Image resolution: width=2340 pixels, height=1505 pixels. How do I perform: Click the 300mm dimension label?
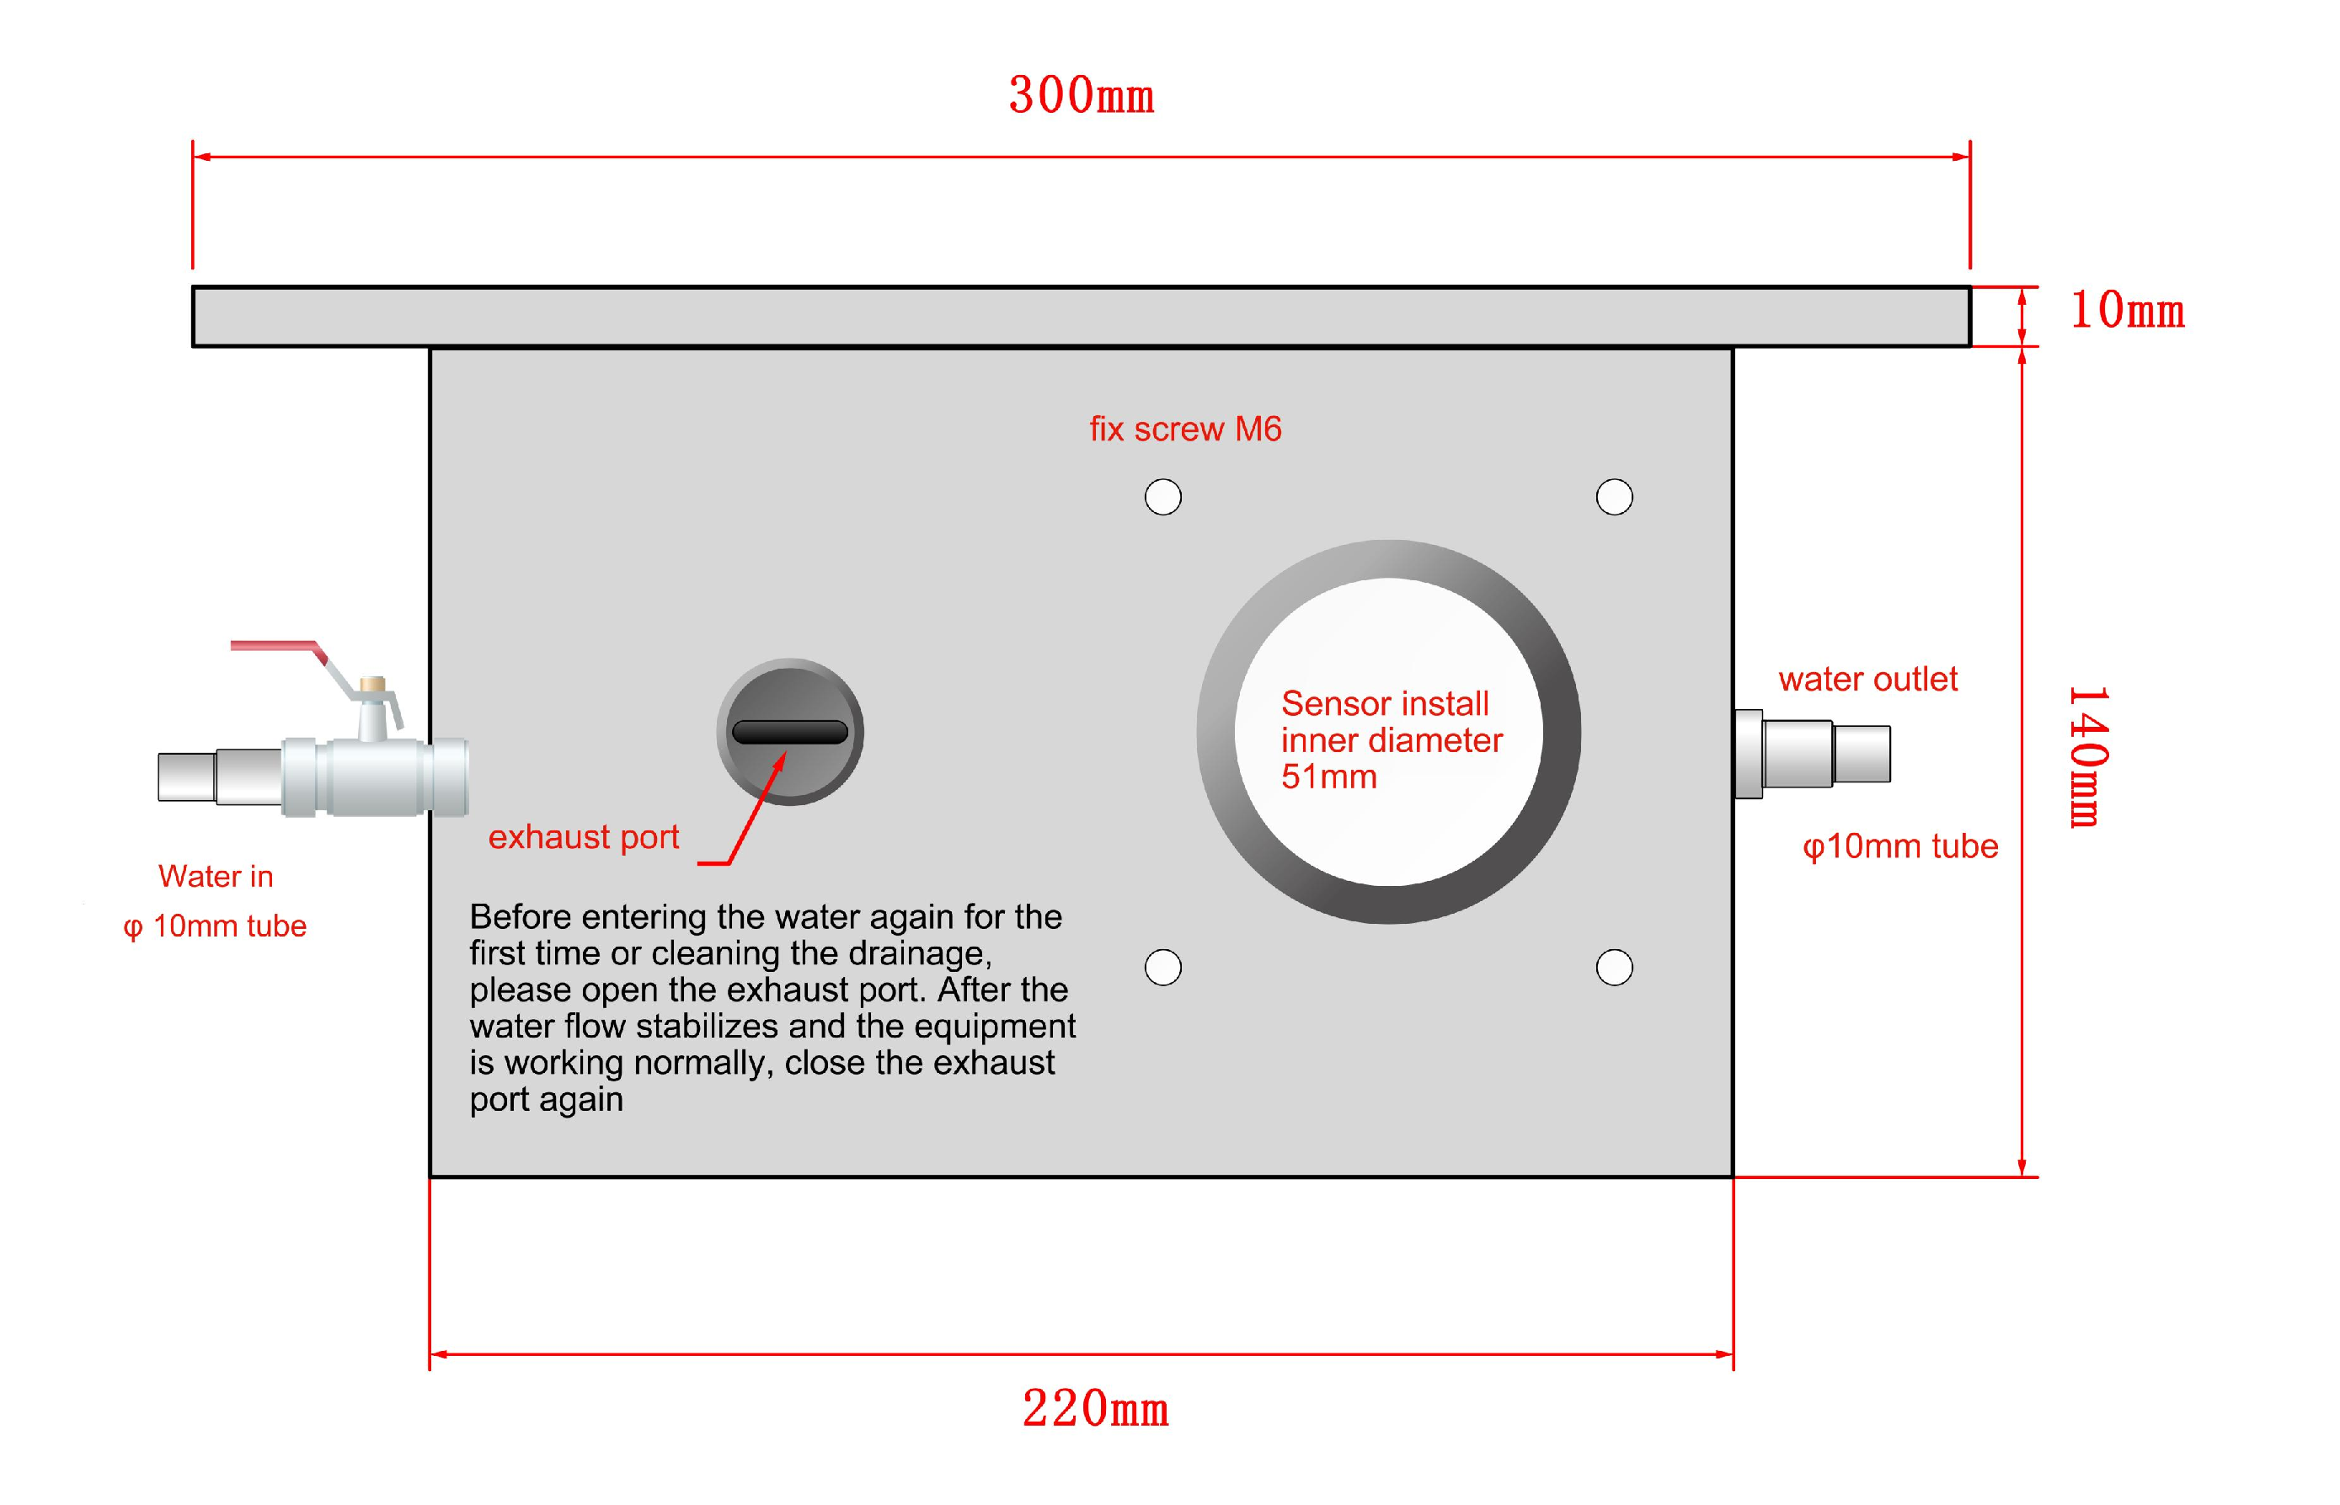pos(1080,96)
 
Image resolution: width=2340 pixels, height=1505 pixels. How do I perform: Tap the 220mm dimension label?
pos(1095,1409)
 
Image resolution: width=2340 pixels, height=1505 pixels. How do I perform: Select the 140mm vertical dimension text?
pos(2088,756)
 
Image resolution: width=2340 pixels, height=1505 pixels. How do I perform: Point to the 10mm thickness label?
pos(2127,311)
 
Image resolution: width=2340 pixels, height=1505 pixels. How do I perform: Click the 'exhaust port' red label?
pos(584,837)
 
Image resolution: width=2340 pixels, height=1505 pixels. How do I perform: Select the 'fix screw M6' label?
pos(1184,429)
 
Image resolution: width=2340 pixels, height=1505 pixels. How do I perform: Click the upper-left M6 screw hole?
pos(1162,496)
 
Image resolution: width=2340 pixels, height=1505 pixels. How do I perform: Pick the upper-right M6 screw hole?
pos(1614,496)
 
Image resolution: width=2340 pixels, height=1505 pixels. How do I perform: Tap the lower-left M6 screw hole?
pos(1162,968)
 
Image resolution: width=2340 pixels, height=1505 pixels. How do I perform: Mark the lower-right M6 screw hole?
pos(1614,968)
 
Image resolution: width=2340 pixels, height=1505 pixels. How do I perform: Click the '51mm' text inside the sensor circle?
pos(1328,777)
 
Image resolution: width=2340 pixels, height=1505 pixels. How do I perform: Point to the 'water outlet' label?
pos(1867,679)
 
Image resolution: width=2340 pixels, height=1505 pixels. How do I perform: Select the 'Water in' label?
pos(215,877)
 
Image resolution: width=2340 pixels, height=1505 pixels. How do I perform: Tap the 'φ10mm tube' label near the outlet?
pos(1899,846)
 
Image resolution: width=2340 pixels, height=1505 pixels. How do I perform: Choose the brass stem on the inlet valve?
pos(371,684)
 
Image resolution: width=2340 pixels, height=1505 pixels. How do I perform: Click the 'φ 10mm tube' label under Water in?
pos(215,926)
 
